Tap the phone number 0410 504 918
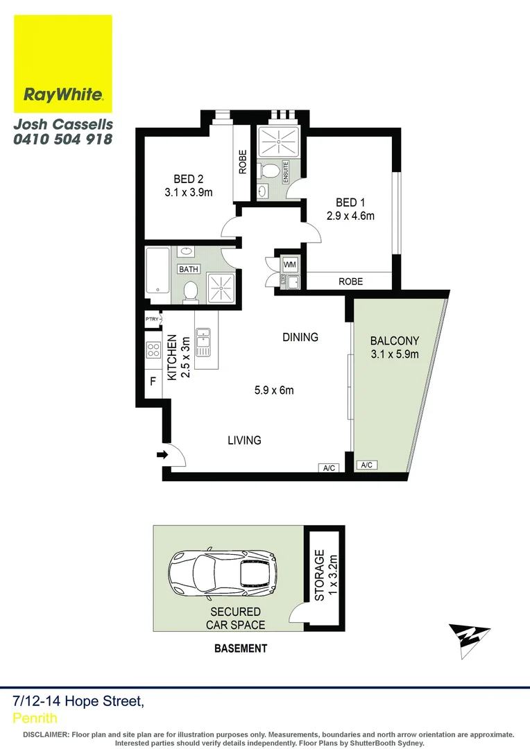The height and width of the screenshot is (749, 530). [x=62, y=139]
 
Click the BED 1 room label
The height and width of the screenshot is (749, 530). [x=350, y=203]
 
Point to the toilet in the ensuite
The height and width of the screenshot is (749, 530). [x=271, y=171]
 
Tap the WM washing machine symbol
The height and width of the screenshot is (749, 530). [x=289, y=264]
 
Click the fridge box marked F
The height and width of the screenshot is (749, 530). [x=153, y=381]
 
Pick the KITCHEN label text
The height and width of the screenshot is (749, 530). [x=171, y=357]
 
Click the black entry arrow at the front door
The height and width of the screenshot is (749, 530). [x=163, y=455]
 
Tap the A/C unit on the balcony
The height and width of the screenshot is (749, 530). [x=366, y=465]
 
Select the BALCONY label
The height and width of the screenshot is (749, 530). [x=394, y=341]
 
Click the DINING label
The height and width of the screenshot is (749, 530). [x=300, y=337]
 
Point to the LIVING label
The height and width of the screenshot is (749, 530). [x=244, y=440]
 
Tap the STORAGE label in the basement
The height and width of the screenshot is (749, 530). [x=320, y=575]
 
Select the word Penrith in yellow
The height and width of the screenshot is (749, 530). [x=35, y=718]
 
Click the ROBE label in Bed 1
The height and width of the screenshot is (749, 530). [x=350, y=282]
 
